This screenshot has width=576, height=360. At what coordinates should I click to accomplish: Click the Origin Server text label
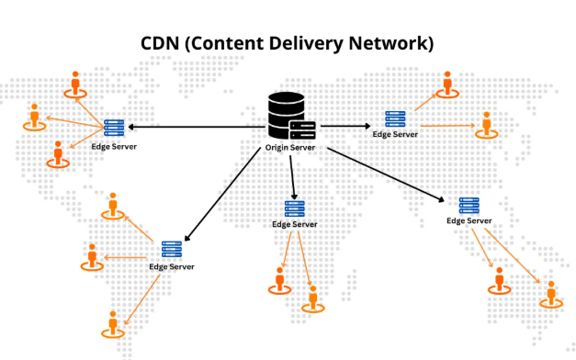point(290,146)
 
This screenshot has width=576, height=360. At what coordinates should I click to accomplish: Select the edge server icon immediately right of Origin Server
point(395,118)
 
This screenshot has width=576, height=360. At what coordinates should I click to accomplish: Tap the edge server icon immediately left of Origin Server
point(114,129)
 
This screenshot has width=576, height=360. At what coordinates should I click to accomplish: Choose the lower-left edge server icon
point(171,249)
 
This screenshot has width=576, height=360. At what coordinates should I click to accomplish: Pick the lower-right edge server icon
point(469,206)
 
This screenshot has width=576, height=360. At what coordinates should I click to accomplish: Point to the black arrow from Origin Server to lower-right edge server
point(386,174)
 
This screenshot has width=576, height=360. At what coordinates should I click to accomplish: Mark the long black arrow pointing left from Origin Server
point(193,126)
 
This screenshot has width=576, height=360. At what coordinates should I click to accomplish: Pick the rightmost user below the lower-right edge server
point(552,293)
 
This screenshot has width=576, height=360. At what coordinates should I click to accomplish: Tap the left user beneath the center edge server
point(279,278)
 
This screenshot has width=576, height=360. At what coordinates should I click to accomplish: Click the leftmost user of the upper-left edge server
point(35,117)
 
